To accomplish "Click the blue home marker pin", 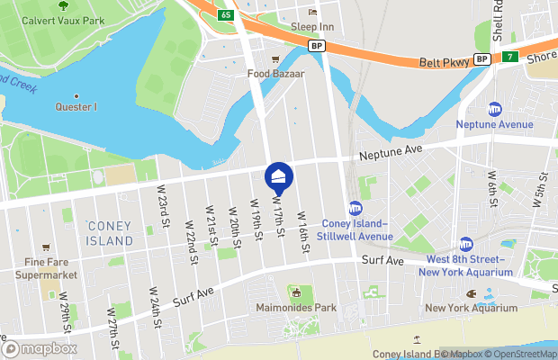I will pyautogui.click(x=279, y=176).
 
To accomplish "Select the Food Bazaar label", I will pyautogui.click(x=276, y=74).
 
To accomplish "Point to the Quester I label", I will pyautogui.click(x=76, y=108).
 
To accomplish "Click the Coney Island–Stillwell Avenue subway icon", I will pyautogui.click(x=355, y=209).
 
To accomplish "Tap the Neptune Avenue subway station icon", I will pyautogui.click(x=494, y=109).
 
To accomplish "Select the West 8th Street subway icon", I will pyautogui.click(x=466, y=244).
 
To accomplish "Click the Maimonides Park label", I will pyautogui.click(x=294, y=308).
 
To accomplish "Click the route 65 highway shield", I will pyautogui.click(x=225, y=14).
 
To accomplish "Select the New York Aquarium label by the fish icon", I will pyautogui.click(x=460, y=308).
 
